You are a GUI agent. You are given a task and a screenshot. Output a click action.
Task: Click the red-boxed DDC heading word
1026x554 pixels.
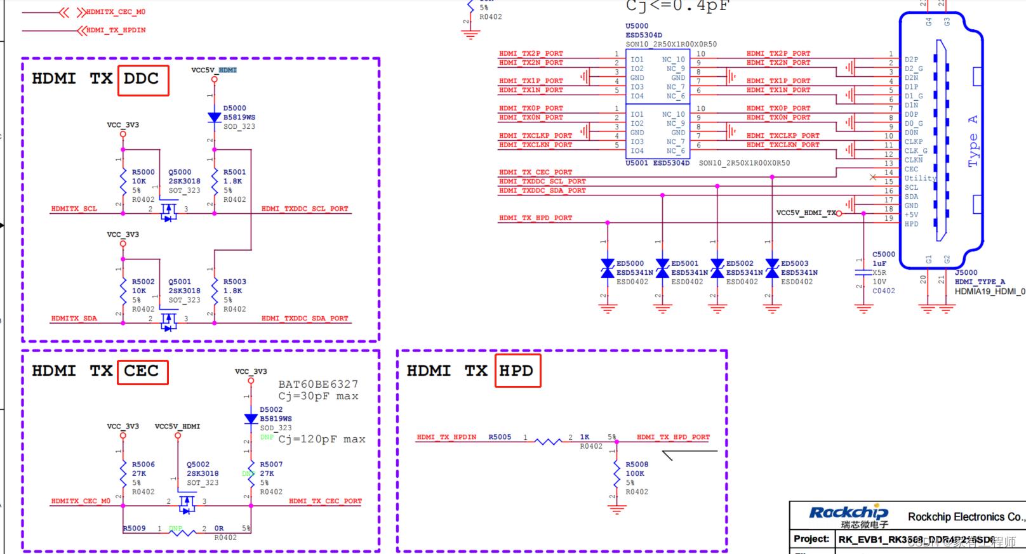142,79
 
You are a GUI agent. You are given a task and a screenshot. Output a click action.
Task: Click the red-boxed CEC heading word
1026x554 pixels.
142,371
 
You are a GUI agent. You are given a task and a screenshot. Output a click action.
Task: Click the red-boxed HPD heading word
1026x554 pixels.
517,371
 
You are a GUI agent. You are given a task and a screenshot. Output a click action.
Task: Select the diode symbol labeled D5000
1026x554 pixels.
215,117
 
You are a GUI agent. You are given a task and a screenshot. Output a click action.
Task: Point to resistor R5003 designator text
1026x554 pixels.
234,282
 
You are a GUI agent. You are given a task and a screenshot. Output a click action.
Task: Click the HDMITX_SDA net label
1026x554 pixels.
74,319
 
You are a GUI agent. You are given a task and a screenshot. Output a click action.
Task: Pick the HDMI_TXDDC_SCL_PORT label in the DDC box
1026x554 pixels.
305,209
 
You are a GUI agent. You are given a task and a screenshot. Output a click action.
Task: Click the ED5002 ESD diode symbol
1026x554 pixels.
717,268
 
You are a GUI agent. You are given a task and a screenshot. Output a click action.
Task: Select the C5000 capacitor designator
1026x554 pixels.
883,254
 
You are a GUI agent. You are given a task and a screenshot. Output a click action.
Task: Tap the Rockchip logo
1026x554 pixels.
848,513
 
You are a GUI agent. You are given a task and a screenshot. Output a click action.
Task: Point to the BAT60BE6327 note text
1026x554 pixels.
318,384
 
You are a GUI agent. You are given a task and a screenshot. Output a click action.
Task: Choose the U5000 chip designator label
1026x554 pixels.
637,26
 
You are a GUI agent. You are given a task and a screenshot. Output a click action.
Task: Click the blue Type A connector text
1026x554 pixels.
973,141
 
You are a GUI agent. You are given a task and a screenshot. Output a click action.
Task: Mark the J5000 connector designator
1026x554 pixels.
966,273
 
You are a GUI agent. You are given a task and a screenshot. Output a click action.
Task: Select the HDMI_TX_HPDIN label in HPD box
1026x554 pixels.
446,437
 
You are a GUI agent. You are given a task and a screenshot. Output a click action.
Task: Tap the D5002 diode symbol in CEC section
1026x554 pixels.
251,419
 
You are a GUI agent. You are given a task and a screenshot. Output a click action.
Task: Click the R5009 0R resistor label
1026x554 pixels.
134,529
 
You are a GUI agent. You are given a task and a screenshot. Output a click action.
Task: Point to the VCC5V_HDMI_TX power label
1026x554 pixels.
806,213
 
